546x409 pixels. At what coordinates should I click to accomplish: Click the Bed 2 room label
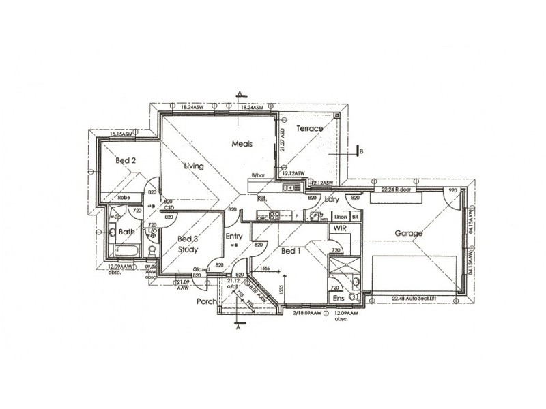point(126,161)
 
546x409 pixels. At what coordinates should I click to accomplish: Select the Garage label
point(409,233)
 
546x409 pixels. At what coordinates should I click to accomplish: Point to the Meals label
point(242,144)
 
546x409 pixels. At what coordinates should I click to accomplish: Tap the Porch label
point(207,301)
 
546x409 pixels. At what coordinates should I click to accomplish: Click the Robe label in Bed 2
point(124,198)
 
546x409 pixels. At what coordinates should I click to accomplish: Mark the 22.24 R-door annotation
point(397,190)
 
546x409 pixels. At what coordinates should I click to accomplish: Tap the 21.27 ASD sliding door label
point(283,141)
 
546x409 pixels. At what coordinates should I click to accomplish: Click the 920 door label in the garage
point(451,190)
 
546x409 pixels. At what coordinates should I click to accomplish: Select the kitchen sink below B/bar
point(291,187)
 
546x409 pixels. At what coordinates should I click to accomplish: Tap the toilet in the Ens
point(353,297)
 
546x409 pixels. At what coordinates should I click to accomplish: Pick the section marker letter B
point(361,151)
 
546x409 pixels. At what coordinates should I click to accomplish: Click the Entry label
point(234,237)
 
